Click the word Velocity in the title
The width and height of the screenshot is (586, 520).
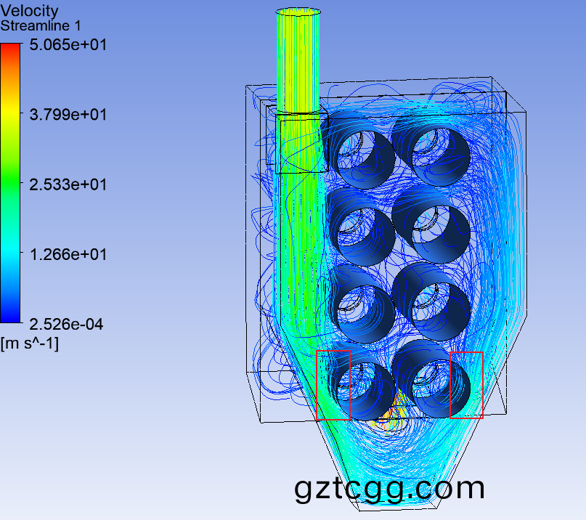30,11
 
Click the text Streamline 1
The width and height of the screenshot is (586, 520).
41,26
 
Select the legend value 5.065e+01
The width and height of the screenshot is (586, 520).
68,45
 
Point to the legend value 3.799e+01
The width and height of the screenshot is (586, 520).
68,115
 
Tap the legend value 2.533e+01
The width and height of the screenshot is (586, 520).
68,184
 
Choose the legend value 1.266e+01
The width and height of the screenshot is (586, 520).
68,254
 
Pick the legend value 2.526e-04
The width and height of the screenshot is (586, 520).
66,324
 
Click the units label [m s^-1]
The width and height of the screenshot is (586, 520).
30,344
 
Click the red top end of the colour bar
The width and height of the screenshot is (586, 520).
10,46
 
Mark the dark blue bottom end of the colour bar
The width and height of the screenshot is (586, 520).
10,318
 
